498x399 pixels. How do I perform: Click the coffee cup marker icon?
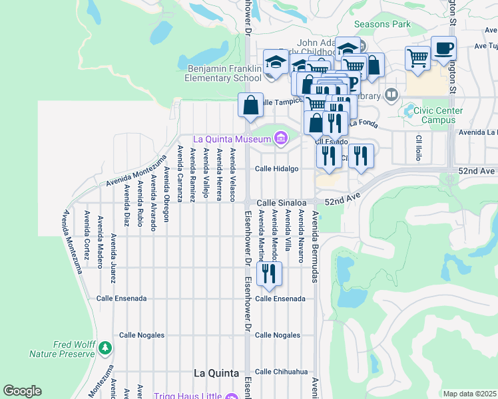[x=443, y=49]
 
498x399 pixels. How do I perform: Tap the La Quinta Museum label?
[x=232, y=139]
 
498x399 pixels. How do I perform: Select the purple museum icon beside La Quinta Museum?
[x=280, y=138]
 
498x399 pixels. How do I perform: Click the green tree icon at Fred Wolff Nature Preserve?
[x=105, y=348]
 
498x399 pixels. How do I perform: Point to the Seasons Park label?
[x=382, y=25]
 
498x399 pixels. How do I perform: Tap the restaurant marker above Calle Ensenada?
[x=269, y=274]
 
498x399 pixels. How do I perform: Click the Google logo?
[x=22, y=390]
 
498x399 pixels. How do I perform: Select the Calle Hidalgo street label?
[x=277, y=169]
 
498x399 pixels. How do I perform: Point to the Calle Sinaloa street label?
[x=282, y=202]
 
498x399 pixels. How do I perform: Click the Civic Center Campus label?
[x=433, y=115]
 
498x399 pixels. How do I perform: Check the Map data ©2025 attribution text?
[x=469, y=394]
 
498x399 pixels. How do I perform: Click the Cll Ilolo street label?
[x=419, y=148]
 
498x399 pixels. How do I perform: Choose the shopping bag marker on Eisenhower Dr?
[x=250, y=105]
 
